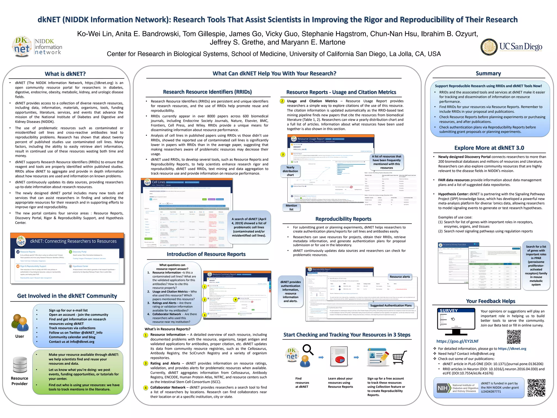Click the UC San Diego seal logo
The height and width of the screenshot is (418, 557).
(489, 47)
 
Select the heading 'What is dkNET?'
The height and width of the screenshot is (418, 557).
(65, 74)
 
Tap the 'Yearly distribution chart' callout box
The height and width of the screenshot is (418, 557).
(290, 171)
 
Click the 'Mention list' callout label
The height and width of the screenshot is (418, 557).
(291, 207)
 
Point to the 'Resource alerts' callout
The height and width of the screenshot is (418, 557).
(400, 277)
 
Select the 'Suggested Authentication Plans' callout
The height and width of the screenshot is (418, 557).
(391, 305)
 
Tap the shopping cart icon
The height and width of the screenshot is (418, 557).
(400, 357)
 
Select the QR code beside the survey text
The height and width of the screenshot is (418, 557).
(514, 337)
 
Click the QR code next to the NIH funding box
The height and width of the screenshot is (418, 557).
(536, 388)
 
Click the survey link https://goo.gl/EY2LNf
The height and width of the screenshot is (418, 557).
(457, 341)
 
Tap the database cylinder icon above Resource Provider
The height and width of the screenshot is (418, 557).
(20, 365)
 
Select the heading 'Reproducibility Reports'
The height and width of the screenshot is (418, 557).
(343, 219)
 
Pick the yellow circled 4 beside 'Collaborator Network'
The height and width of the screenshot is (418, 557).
(146, 388)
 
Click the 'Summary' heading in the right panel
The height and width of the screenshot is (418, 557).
(488, 73)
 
